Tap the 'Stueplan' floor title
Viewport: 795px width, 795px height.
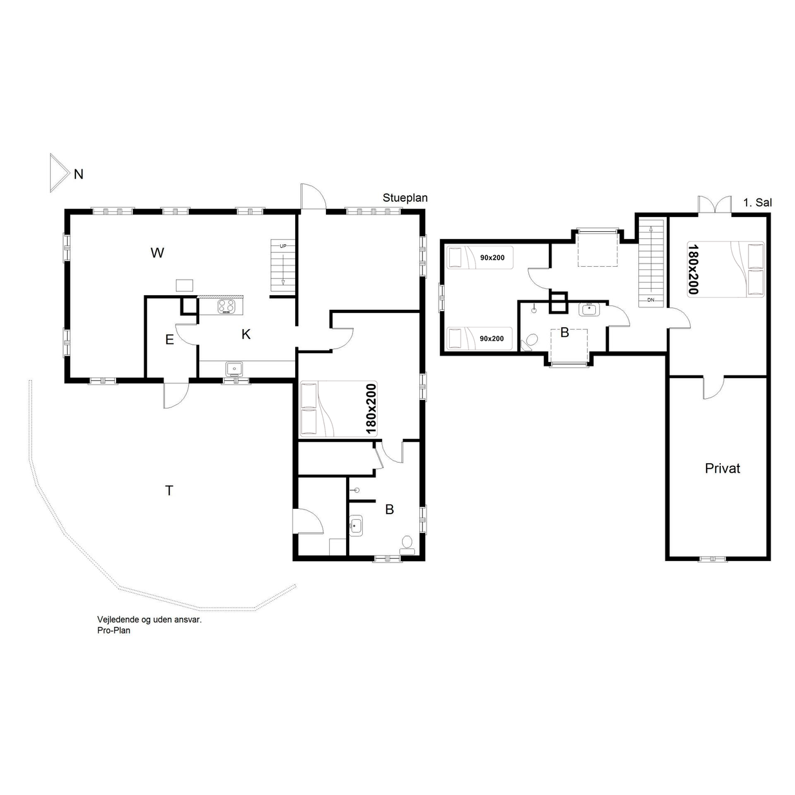coord(405,198)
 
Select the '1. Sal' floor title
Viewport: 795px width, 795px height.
coord(757,202)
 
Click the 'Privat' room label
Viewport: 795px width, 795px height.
coord(722,468)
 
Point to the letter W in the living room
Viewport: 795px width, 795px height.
coord(157,253)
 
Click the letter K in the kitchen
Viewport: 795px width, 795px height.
coord(246,334)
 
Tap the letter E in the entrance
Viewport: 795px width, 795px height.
coord(169,340)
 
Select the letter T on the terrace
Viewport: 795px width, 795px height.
coord(169,490)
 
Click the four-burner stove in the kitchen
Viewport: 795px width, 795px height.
coord(227,306)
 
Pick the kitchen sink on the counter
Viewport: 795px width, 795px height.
coord(235,369)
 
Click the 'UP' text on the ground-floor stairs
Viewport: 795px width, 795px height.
coord(283,246)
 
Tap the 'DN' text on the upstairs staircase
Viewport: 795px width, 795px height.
coord(651,300)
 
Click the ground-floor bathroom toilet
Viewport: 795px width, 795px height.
coord(407,544)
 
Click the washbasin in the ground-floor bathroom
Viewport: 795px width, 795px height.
coord(356,526)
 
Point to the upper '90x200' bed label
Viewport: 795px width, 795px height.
coord(492,258)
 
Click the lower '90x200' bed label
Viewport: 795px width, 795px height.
coord(492,338)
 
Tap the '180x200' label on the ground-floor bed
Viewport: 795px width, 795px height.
coord(371,409)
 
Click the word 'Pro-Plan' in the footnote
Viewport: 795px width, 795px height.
coord(114,630)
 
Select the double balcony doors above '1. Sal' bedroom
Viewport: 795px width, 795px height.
coord(714,205)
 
